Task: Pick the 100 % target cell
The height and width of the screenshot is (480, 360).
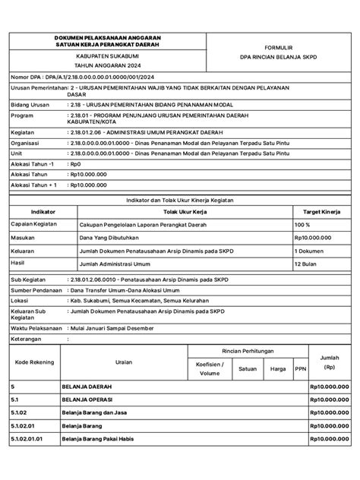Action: coord(302,225)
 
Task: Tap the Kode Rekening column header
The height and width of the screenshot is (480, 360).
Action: coord(34,362)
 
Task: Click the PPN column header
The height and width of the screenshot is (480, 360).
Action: coord(300,368)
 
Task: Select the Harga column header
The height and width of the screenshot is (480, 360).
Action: coord(278,368)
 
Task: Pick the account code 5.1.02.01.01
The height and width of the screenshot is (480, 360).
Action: coord(28,460)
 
